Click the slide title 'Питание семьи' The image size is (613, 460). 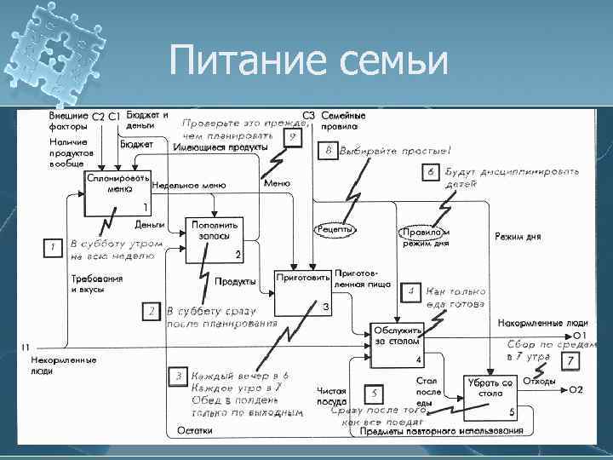(x=309, y=61)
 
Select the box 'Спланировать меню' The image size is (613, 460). (x=116, y=195)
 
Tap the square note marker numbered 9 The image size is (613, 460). (x=292, y=135)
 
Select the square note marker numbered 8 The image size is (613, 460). (x=329, y=152)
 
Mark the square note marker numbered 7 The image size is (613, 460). (x=570, y=362)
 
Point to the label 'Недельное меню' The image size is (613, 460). (x=187, y=185)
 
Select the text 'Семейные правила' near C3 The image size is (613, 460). (x=343, y=120)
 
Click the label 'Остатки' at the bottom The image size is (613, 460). (x=195, y=431)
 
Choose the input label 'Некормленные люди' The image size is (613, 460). (x=48, y=365)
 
